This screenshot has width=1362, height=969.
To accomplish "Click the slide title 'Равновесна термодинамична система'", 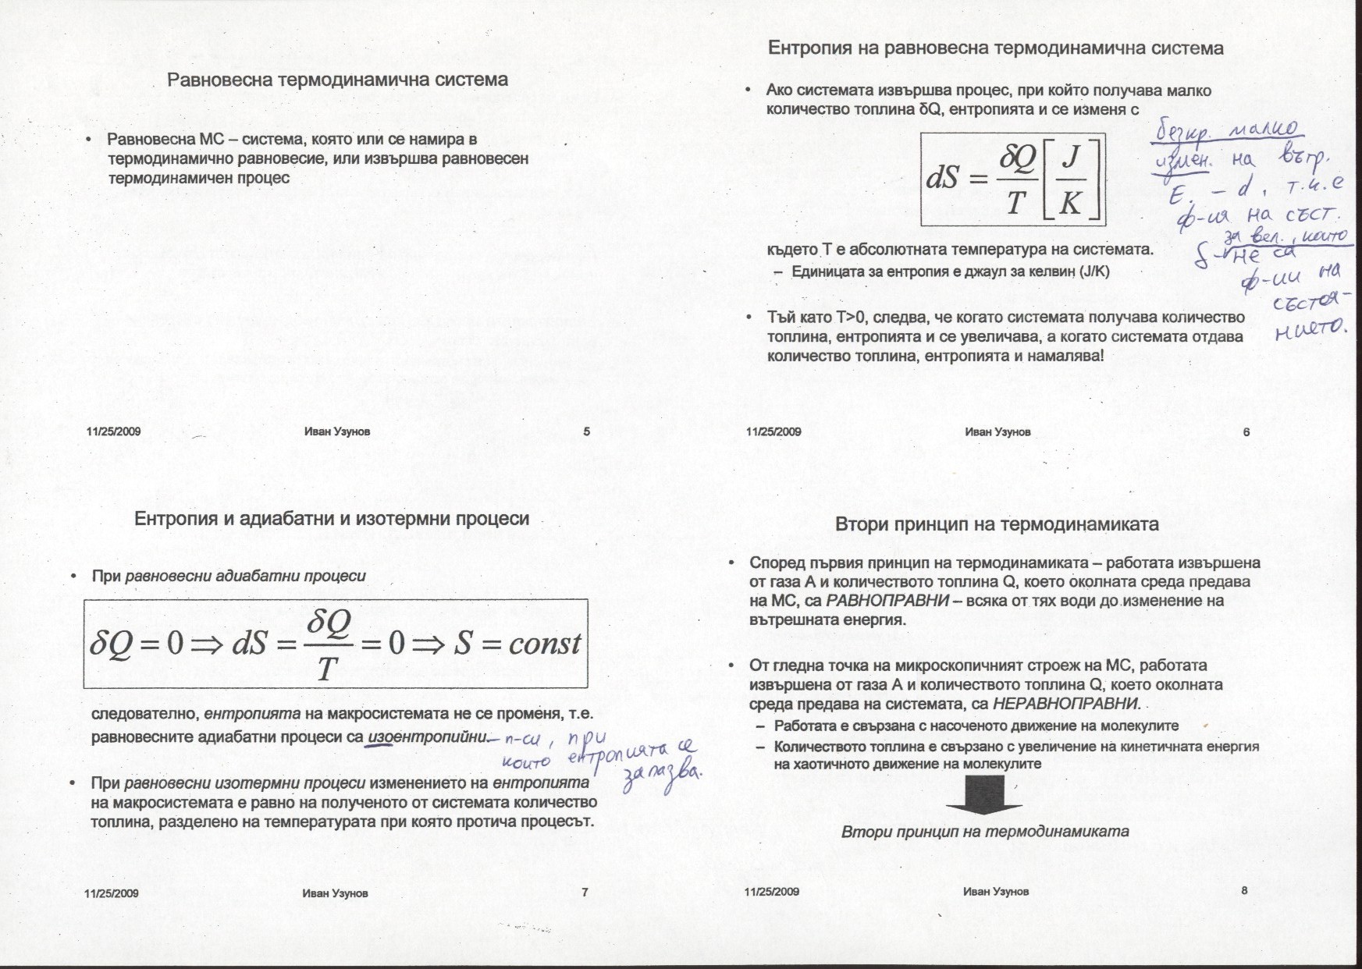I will click(x=337, y=80).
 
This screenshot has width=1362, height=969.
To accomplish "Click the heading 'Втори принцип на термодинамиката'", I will click(x=997, y=524).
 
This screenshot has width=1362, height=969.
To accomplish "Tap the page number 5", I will click(x=586, y=431).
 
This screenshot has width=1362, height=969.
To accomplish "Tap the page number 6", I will click(x=1246, y=431).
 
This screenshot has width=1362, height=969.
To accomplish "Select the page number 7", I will click(x=585, y=893).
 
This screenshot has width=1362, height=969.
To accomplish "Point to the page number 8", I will click(x=1244, y=890).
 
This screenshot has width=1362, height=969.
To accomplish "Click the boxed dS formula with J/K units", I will click(x=1012, y=179).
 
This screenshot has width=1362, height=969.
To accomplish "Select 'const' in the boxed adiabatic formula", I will click(x=544, y=644).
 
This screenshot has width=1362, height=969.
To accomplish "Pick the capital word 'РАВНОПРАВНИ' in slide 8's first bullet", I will click(x=887, y=601).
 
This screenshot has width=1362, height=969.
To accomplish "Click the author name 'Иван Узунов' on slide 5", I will click(x=337, y=431).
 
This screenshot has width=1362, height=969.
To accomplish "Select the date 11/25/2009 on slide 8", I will click(x=772, y=891).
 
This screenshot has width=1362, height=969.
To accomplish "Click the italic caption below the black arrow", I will click(x=985, y=832).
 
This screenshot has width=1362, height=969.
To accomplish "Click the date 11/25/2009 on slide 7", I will click(x=112, y=893).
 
